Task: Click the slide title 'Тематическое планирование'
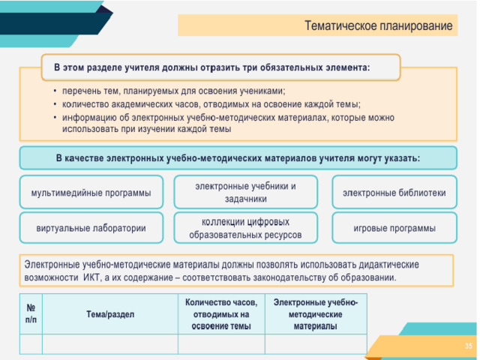pos(378,25)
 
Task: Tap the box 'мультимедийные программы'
pos(91,192)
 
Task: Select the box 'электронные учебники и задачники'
pos(245,192)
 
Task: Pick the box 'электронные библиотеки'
pos(394,192)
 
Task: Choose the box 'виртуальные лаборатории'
pos(91,228)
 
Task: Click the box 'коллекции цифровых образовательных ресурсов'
pos(245,228)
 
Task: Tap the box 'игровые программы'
pos(394,228)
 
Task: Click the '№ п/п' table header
pos(31,313)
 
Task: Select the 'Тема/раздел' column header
pos(110,314)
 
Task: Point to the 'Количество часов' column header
pos(221,314)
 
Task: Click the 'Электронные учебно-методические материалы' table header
pos(316,314)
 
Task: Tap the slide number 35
pos(468,346)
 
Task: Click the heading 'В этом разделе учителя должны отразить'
pos(211,67)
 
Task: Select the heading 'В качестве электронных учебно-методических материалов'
pos(238,158)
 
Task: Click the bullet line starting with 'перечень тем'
pos(173,91)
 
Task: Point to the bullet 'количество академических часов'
pos(211,104)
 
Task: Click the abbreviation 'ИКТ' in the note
pos(91,277)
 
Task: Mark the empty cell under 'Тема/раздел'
pos(110,344)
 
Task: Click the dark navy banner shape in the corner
pos(52,23)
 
